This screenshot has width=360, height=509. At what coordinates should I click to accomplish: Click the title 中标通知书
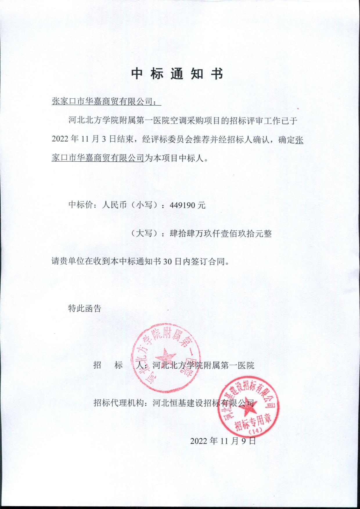(177, 74)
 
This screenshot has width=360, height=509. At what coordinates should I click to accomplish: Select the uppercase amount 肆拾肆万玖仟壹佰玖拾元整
(221, 234)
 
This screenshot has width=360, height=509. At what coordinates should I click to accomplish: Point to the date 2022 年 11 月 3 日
(84, 139)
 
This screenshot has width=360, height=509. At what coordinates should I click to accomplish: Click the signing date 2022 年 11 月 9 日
(223, 441)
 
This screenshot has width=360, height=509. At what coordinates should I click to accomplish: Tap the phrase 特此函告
(84, 308)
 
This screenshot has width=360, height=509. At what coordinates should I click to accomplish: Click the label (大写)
(144, 234)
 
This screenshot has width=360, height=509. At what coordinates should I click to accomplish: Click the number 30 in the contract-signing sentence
(168, 261)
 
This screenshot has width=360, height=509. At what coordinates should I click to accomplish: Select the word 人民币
(114, 205)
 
